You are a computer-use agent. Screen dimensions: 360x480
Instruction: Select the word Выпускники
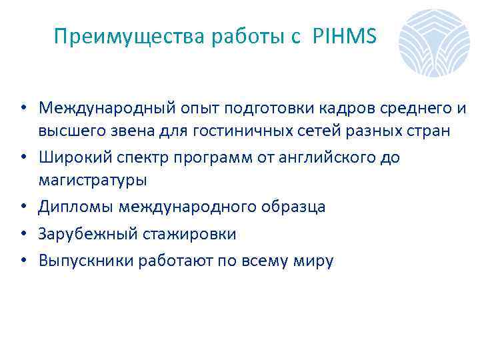[x=85, y=261]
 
